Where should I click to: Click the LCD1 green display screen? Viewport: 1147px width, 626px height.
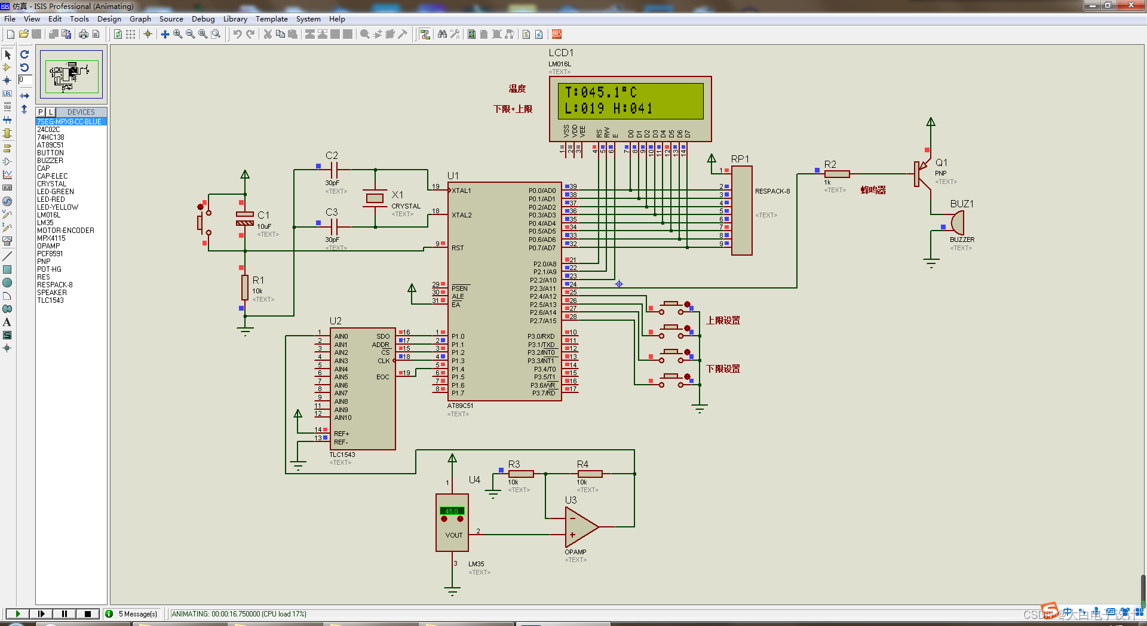630,100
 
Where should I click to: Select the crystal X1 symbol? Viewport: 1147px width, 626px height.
375,198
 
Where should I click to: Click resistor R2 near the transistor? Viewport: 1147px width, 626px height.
836,174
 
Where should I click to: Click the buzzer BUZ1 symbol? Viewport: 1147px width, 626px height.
956,223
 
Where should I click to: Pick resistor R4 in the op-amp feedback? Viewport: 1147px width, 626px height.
590,474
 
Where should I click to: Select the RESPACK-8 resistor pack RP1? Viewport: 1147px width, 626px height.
741,210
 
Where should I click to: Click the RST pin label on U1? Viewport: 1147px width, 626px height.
458,248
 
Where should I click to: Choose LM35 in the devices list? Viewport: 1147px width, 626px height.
45,223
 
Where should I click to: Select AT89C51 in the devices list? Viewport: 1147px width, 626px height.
50,145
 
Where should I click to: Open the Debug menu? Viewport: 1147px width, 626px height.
203,19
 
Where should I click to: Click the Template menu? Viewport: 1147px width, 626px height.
271,19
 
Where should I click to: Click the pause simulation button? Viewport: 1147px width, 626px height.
65,613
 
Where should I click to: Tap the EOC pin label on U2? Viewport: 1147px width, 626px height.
382,377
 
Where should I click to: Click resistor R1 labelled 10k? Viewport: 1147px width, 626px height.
245,287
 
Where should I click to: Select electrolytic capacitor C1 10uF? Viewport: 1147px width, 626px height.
245,219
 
